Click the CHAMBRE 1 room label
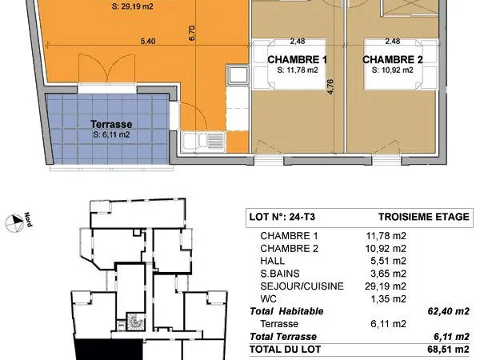point(298,59)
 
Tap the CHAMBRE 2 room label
point(393,59)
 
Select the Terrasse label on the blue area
point(111,124)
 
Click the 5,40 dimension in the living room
point(148,41)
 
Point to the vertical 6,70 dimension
point(192,33)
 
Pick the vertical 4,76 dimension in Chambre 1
point(330,86)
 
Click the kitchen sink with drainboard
point(203,142)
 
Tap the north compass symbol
point(14,222)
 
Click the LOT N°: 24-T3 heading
point(282,217)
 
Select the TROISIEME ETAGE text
point(424,217)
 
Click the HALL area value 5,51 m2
point(386,261)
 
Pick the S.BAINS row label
point(280,274)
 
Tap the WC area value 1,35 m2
point(389,298)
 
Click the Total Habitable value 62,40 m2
point(449,311)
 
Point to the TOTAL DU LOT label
point(285,350)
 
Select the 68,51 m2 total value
point(449,350)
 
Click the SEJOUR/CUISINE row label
point(302,286)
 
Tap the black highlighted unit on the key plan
point(109,350)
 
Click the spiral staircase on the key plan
point(134,322)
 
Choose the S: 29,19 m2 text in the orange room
point(132,6)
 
